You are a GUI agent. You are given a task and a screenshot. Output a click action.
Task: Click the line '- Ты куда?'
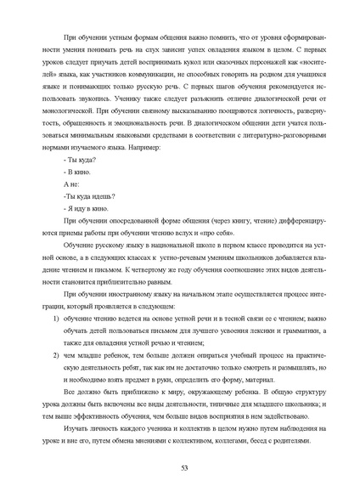point(79,161)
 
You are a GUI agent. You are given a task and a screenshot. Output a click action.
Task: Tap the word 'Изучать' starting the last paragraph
point(77,424)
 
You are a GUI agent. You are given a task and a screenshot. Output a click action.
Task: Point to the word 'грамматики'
point(304,330)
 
